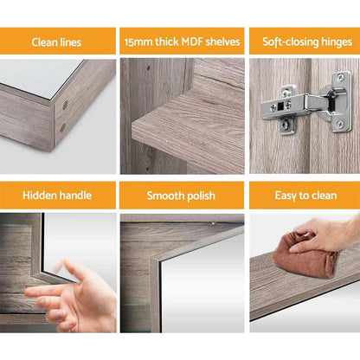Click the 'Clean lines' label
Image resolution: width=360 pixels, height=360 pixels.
point(57,41)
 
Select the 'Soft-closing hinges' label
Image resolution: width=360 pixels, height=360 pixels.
point(302,41)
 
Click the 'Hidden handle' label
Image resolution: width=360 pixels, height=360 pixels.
point(57,196)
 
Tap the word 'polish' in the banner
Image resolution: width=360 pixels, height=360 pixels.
point(199,196)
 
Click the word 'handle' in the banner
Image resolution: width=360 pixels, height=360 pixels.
point(75,196)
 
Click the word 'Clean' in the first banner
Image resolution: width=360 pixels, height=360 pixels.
point(46,41)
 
